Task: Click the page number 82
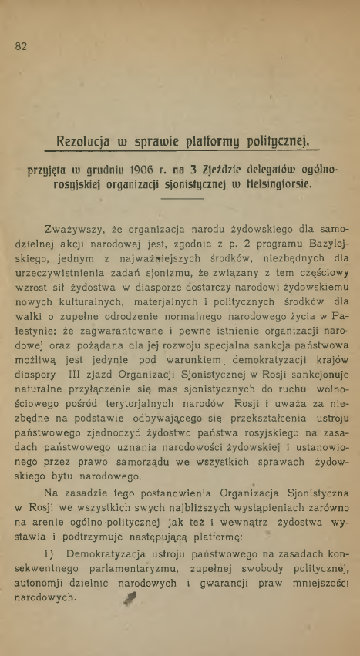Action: click(21, 45)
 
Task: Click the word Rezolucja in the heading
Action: click(86, 141)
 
